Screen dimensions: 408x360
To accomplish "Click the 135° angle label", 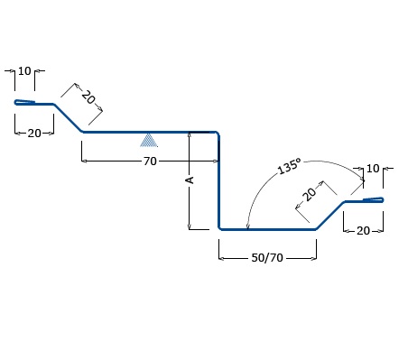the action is coord(289,166).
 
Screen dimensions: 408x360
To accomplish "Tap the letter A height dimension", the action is coord(190,180).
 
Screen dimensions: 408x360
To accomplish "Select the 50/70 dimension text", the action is coord(267,258).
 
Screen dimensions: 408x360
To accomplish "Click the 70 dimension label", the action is coord(150,162).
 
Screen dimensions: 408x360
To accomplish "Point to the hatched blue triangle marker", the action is coord(149,141).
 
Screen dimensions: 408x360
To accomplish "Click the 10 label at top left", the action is coord(24,71).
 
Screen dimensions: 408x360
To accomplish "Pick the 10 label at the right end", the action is coord(373,169).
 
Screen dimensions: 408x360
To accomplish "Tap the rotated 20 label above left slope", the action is coord(88,97).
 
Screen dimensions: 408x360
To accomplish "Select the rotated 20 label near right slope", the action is coord(310,194).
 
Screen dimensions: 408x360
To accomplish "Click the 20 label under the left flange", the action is coord(34,134).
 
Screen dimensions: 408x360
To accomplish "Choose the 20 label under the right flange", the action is coord(363,231).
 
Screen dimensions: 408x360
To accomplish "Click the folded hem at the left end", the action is coord(24,102).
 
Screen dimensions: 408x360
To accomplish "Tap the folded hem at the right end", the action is coord(373,199).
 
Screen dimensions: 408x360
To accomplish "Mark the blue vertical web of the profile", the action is coord(219,180).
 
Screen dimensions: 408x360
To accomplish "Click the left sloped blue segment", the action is coord(68,118).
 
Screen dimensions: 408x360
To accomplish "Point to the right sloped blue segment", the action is coord(330,216).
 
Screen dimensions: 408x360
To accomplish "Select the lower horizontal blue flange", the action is coord(268,229).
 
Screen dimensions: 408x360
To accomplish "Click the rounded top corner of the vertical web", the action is coord(218,134).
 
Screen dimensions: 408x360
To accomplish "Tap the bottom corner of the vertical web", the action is coord(219,228).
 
